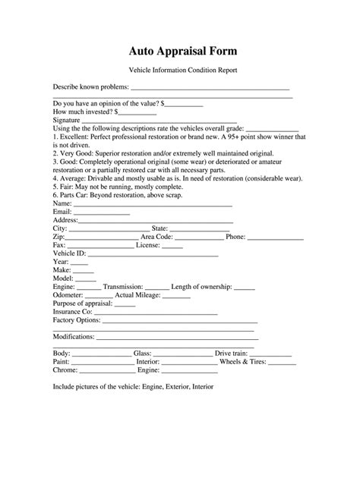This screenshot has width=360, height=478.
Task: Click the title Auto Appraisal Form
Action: click(x=180, y=51)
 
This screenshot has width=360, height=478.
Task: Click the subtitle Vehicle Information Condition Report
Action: click(x=180, y=70)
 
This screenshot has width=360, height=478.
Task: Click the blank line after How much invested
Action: click(x=137, y=111)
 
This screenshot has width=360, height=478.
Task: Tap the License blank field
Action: click(x=172, y=246)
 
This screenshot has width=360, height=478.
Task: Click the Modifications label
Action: click(x=74, y=336)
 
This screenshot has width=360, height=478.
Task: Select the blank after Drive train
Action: click(x=267, y=354)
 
